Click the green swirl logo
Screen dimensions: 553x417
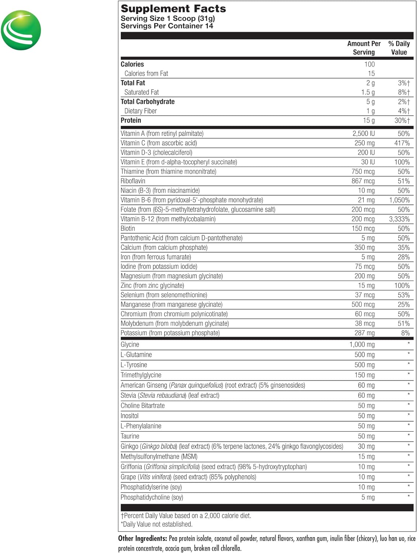(x=21, y=30)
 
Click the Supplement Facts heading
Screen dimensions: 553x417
(x=173, y=8)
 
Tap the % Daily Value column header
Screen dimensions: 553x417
(x=399, y=48)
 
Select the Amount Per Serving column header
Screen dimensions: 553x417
(x=364, y=48)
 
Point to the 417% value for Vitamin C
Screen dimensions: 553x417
(x=402, y=143)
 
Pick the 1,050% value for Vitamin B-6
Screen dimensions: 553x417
(x=399, y=200)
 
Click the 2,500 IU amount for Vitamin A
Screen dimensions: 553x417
(x=364, y=133)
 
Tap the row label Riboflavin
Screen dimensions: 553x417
(x=133, y=181)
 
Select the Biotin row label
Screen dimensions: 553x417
(x=128, y=229)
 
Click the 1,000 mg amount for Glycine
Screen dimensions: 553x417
(x=362, y=345)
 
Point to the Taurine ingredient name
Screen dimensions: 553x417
(x=130, y=436)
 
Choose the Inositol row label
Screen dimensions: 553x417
(x=129, y=416)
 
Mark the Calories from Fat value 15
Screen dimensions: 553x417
(x=371, y=74)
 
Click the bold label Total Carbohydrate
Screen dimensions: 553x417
(x=147, y=102)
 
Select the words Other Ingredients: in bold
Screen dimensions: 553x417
(x=142, y=539)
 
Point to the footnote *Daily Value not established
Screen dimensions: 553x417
(x=157, y=524)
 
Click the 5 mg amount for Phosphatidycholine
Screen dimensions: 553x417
(x=368, y=497)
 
